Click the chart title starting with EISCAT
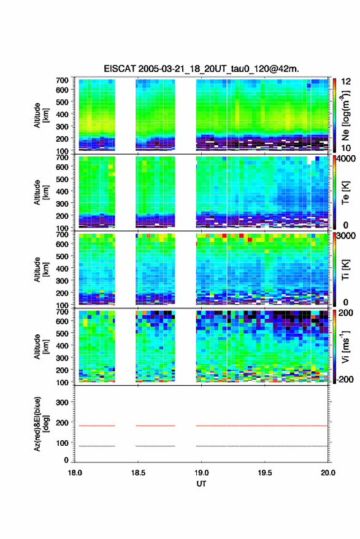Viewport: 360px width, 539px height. tap(202, 69)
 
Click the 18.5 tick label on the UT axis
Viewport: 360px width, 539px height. tap(138, 473)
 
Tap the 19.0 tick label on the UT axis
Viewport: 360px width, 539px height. tap(202, 473)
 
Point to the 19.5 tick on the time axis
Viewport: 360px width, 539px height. tap(265, 473)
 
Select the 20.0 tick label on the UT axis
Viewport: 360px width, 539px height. tap(328, 473)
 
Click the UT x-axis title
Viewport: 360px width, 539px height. tap(202, 484)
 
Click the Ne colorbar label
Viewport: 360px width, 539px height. tap(346, 115)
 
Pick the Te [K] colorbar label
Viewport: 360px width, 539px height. tap(345, 193)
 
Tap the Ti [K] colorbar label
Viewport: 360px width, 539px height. tap(345, 270)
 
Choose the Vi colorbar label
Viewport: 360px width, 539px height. tap(346, 346)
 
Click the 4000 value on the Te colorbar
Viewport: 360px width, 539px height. tap(346, 159)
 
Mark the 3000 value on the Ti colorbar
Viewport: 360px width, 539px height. tap(346, 236)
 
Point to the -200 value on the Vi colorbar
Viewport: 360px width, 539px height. tap(345, 380)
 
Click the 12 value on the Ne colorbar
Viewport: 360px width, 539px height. tap(347, 82)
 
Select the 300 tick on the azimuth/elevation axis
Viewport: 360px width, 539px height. tap(62, 402)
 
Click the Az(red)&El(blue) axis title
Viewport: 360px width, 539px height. tap(41, 424)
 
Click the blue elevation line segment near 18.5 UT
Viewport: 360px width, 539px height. tap(155, 446)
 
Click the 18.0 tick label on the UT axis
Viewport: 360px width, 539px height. tap(75, 473)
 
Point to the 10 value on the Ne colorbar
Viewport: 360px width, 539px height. tap(347, 148)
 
